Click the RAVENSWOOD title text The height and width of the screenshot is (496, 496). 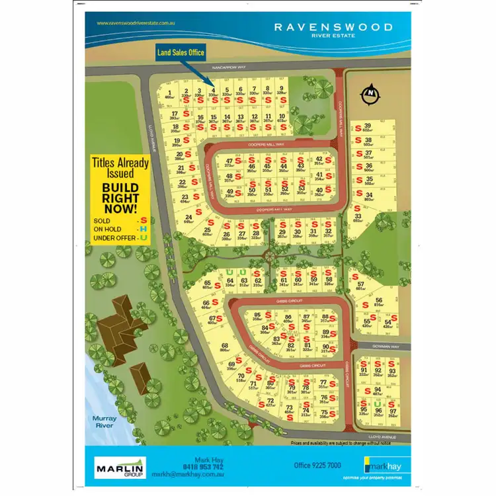(333, 27)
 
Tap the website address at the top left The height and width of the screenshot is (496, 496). (136, 23)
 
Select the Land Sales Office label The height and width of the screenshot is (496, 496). (181, 52)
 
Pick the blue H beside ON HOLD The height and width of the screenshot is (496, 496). (142, 228)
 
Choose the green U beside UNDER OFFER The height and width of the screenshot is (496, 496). (142, 237)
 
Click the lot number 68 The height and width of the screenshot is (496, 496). (225, 346)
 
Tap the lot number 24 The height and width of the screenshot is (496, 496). (188, 217)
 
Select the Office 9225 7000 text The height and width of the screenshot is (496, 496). (317, 466)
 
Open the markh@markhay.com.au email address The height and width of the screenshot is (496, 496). (191, 475)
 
